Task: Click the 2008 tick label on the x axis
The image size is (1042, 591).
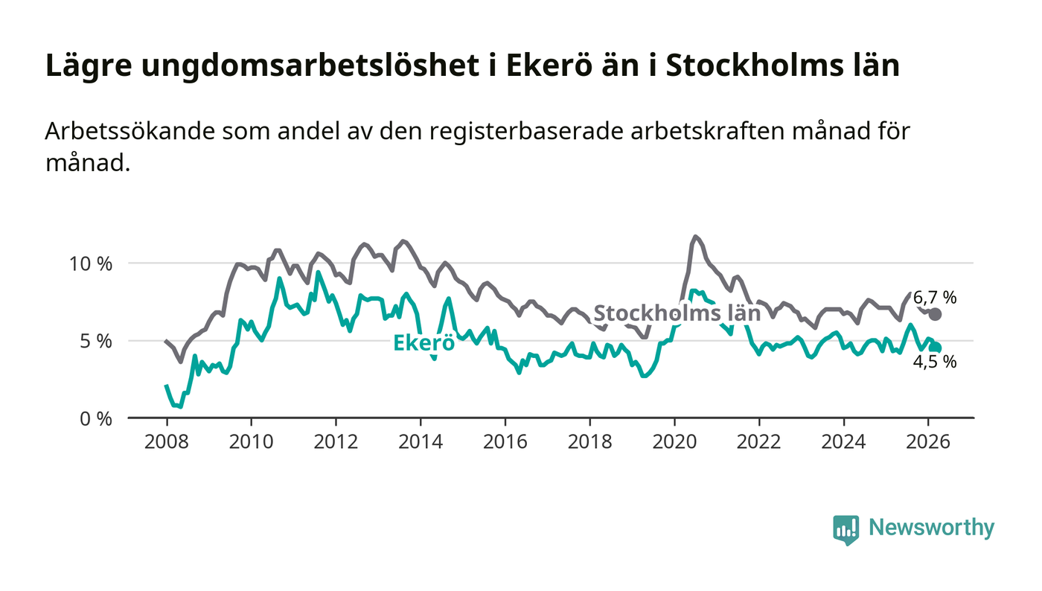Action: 166,441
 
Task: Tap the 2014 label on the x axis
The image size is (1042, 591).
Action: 420,441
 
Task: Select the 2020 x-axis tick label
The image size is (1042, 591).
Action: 674,441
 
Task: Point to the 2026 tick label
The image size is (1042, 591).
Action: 927,441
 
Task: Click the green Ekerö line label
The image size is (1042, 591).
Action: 423,343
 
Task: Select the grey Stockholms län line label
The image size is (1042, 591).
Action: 677,313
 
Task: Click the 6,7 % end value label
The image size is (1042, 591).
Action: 935,298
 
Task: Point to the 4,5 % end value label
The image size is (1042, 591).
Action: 935,362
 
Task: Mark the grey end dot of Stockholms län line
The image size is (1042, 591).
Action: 936,314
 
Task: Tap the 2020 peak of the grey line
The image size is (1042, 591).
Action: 696,237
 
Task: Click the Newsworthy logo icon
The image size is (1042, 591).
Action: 846,529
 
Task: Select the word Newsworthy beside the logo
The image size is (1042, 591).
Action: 931,528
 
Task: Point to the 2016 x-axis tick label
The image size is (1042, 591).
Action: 505,441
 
